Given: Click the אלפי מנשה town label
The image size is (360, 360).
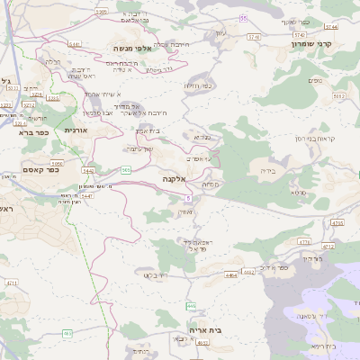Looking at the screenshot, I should click(x=131, y=48).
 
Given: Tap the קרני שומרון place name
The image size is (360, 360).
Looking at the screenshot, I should click(x=312, y=43).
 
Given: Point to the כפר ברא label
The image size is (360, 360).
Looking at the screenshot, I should click(x=35, y=132).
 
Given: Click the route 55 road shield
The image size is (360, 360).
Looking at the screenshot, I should click(x=242, y=18).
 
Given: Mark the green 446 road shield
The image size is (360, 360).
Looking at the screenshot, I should click(x=191, y=306).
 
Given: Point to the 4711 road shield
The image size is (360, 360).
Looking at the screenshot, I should click(x=11, y=283).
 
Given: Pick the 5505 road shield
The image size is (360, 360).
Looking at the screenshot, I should click(x=101, y=12).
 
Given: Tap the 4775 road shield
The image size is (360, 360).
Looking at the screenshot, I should click(x=337, y=222).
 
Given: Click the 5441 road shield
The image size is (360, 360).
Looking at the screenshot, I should click(x=75, y=43).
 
